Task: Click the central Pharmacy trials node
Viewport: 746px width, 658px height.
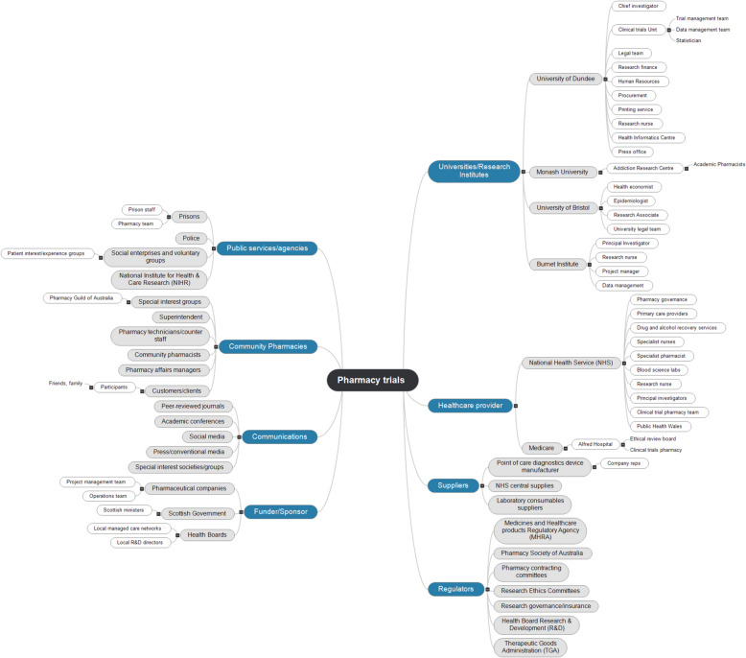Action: [x=373, y=381]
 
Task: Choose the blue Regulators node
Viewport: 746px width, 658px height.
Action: [x=455, y=589]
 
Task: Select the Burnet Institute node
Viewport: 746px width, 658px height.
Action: [x=557, y=264]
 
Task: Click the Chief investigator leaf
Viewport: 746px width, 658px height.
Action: [x=638, y=6]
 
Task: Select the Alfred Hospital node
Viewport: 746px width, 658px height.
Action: [x=592, y=444]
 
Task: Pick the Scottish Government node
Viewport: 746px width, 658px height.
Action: [x=196, y=513]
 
